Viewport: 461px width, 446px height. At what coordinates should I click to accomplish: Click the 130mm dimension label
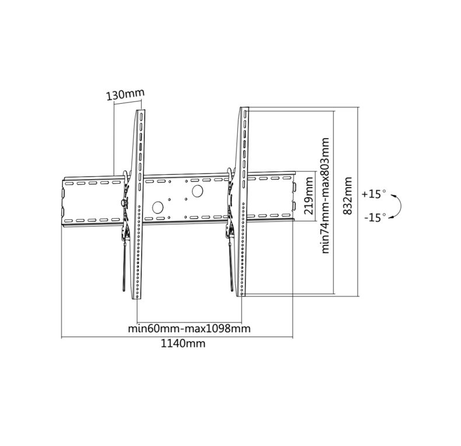point(125,94)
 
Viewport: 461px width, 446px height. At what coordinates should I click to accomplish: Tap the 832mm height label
point(348,196)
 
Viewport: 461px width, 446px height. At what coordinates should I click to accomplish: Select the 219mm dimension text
point(309,195)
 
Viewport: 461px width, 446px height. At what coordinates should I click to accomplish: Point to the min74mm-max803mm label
point(325,195)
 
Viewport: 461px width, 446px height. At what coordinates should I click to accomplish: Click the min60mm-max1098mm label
point(189,328)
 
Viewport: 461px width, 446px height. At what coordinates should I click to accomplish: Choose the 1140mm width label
point(183,343)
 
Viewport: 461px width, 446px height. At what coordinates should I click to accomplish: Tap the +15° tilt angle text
point(373,194)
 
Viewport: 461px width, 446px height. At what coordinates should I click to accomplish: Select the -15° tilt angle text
point(375,217)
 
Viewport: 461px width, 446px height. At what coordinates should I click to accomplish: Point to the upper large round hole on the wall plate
point(198,191)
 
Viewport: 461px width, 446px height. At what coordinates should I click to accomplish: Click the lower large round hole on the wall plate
point(158,208)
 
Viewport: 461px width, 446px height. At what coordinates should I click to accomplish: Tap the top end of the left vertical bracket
point(141,110)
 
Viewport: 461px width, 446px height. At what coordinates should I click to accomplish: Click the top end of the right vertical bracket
point(245,107)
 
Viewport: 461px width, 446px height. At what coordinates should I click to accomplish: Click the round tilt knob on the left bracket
point(124,202)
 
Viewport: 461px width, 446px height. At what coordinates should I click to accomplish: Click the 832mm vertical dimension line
point(358,202)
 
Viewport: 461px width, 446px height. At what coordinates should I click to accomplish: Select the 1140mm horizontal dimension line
point(177,338)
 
